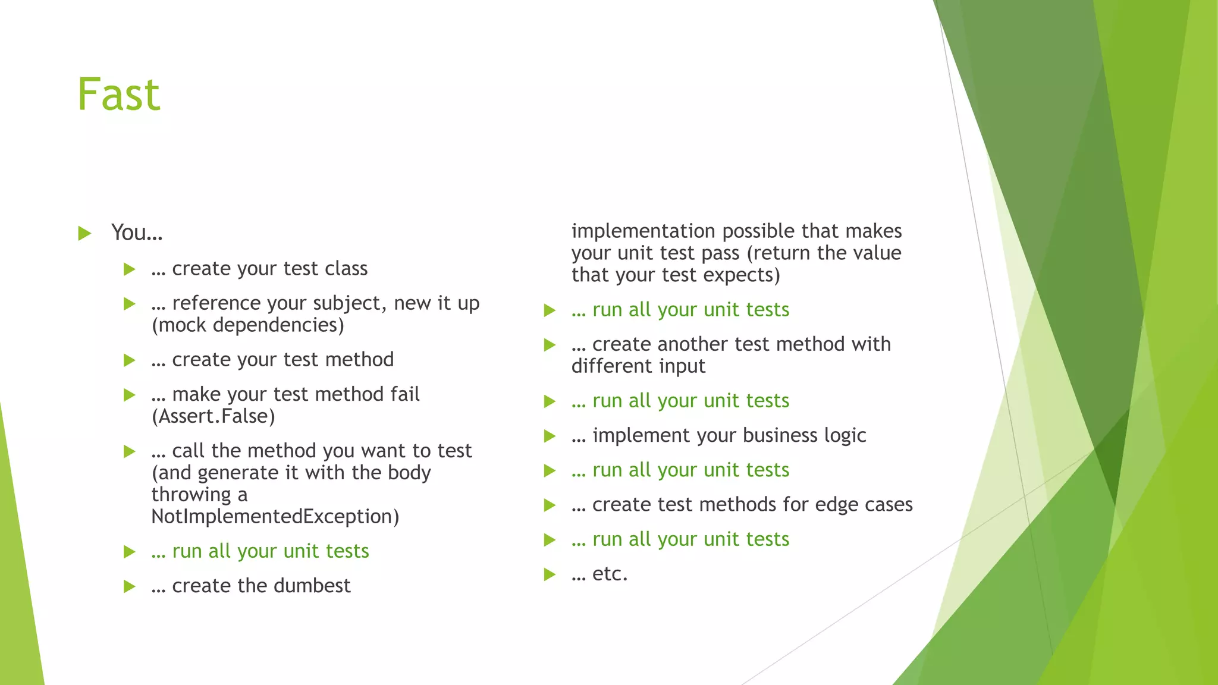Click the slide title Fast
click(119, 95)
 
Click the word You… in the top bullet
click(137, 232)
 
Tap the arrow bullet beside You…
click(84, 233)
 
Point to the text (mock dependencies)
click(248, 325)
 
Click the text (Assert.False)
click(214, 416)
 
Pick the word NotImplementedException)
click(275, 517)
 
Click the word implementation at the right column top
click(643, 231)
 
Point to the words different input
click(638, 366)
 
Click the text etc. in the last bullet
click(610, 574)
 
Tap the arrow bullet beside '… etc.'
click(550, 574)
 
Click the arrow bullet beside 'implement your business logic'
click(550, 436)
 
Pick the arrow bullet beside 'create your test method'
click(130, 360)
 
